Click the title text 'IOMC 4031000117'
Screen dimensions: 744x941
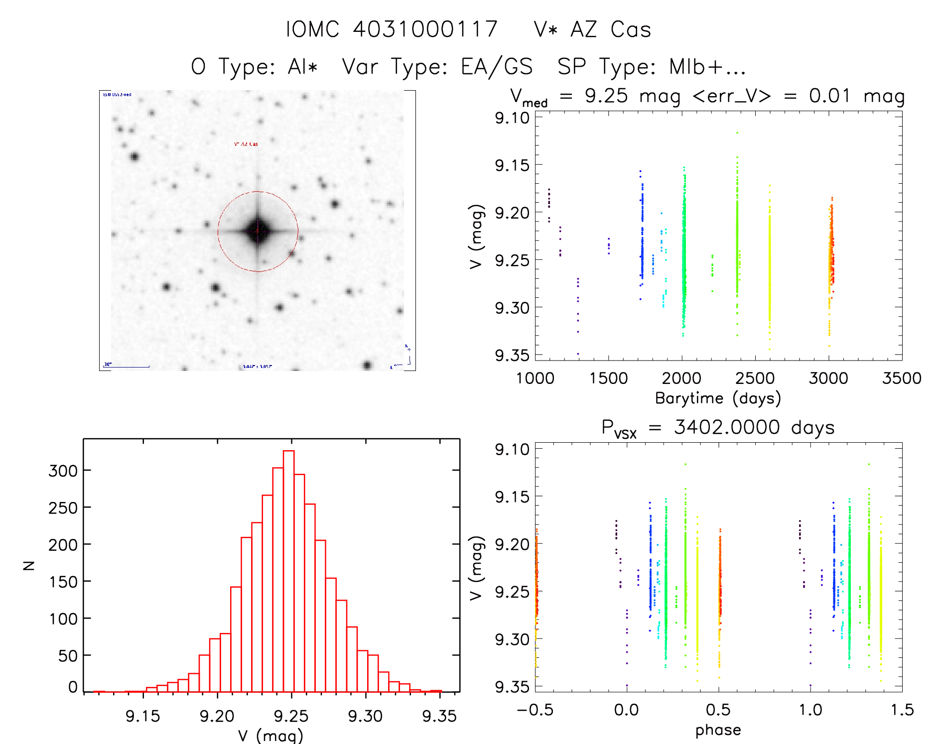coord(392,29)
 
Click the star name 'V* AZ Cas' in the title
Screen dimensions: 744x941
coord(592,29)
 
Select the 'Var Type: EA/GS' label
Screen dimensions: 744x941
coord(437,67)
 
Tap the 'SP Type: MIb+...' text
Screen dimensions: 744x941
coord(652,67)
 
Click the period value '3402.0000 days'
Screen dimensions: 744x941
coord(754,427)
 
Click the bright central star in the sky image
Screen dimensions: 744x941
coord(258,231)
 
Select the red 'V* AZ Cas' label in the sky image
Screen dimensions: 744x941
coord(246,144)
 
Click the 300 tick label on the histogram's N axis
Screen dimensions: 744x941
coord(63,471)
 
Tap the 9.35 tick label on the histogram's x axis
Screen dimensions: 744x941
coord(439,716)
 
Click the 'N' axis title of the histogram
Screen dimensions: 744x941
coord(29,565)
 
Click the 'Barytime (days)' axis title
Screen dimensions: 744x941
coord(718,398)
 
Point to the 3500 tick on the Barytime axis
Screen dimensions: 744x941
coord(902,378)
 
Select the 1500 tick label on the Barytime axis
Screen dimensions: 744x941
coord(608,378)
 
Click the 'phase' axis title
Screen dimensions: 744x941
coord(718,730)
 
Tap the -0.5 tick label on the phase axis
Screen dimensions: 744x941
coord(535,710)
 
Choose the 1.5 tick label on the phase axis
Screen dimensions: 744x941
coord(902,710)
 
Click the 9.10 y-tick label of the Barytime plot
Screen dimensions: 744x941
coord(512,118)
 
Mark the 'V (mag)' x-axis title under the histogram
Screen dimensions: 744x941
coord(270,736)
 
